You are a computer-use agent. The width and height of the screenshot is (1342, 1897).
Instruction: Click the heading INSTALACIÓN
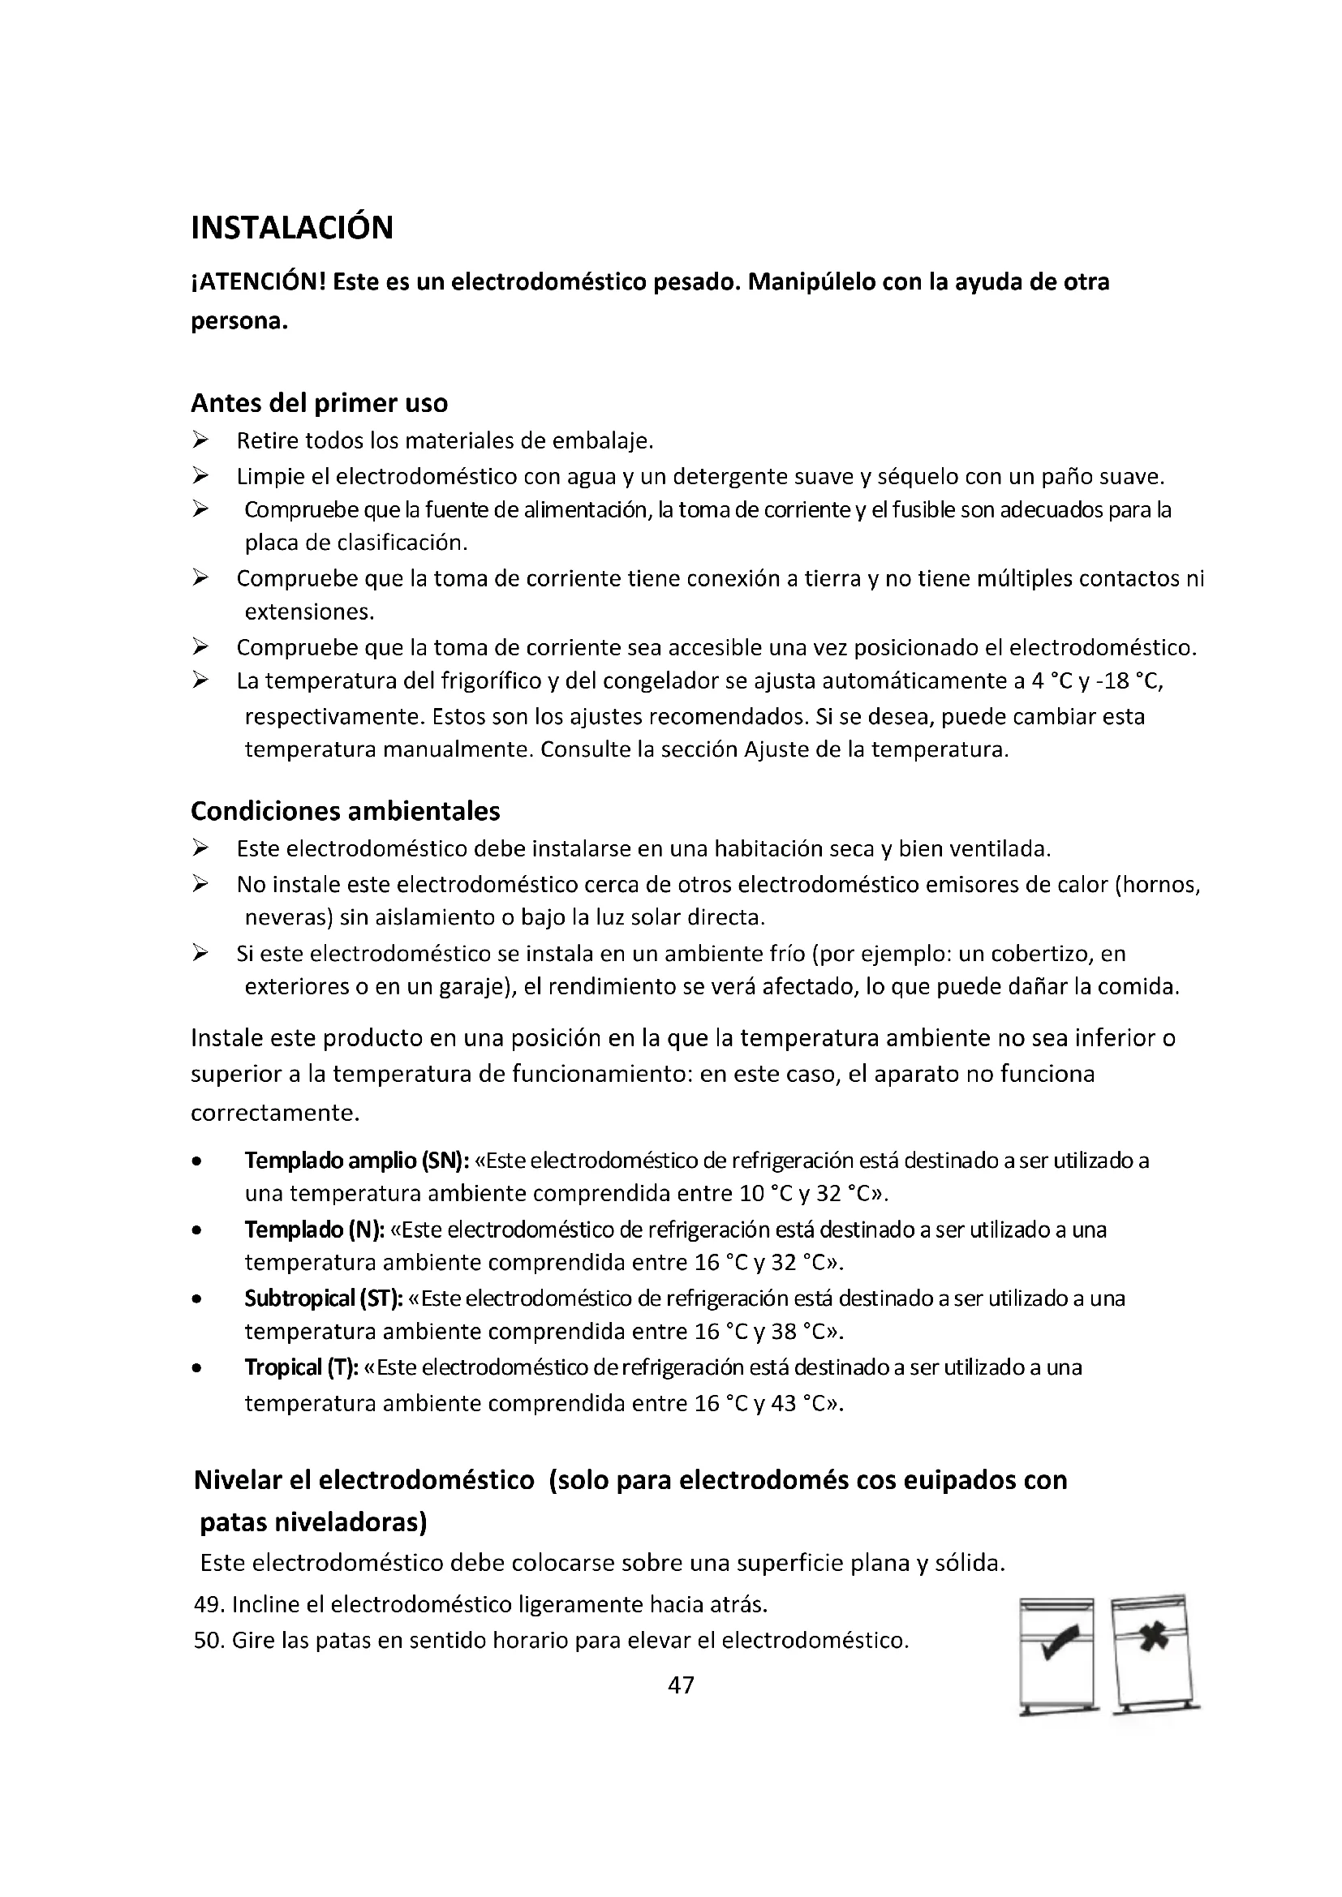pyautogui.click(x=292, y=228)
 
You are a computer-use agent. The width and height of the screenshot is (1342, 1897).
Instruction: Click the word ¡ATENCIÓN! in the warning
pyautogui.click(x=258, y=282)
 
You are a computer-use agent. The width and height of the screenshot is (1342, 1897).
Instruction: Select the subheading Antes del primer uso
pyautogui.click(x=319, y=403)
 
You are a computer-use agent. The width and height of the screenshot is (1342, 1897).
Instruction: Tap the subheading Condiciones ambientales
pyautogui.click(x=346, y=811)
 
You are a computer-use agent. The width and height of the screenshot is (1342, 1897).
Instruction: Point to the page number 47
pyautogui.click(x=681, y=1685)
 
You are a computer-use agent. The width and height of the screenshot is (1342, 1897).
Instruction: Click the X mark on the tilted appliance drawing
pyautogui.click(x=1153, y=1637)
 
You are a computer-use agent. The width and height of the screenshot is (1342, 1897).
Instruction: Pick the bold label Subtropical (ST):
pyautogui.click(x=323, y=1298)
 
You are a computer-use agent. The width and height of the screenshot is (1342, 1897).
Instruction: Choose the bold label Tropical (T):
pyautogui.click(x=301, y=1367)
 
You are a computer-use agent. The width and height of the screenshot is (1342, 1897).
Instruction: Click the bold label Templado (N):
pyautogui.click(x=314, y=1230)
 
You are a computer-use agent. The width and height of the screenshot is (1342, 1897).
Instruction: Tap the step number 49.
pyautogui.click(x=207, y=1604)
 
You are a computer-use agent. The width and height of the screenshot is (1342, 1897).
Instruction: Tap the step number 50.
pyautogui.click(x=207, y=1640)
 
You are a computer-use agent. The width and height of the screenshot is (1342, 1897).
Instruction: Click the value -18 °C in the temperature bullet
pyautogui.click(x=1128, y=681)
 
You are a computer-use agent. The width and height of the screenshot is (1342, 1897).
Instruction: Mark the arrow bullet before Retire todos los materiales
pyautogui.click(x=200, y=440)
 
